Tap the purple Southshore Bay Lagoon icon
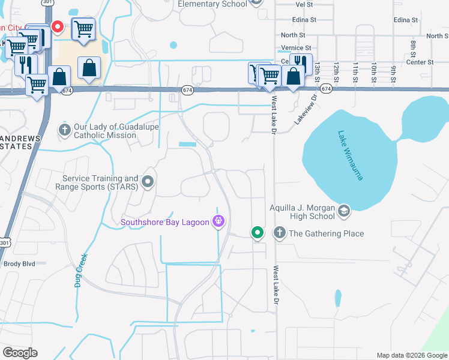point(218,222)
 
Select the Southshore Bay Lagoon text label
point(164,223)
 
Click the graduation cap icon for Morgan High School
point(344,211)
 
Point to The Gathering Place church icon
point(279,233)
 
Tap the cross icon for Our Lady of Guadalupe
point(64,130)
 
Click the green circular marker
point(258,232)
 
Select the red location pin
point(58,26)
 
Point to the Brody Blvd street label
point(19,263)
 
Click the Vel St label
point(304,4)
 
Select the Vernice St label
point(297,48)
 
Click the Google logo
point(20,353)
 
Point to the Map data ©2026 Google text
point(411,355)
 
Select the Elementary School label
point(212,4)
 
